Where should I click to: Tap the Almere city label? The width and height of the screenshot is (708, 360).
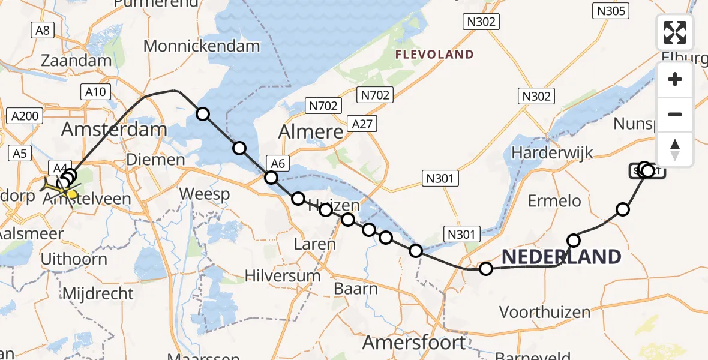point(311,132)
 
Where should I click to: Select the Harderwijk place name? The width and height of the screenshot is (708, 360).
point(552,152)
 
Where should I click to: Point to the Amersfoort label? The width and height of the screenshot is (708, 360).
point(414,343)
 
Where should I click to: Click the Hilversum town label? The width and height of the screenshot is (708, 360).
point(283,276)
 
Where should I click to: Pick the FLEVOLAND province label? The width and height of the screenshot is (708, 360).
point(434,55)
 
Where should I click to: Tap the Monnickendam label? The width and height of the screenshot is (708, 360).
point(202,46)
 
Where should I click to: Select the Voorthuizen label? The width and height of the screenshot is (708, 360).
point(545,312)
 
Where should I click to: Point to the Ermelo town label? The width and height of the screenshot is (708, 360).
point(554,200)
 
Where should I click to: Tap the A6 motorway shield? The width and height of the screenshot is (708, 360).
point(277,162)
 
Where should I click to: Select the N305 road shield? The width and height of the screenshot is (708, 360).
point(610,10)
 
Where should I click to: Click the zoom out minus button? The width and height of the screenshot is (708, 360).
point(675,114)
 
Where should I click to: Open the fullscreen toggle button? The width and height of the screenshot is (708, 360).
point(675,32)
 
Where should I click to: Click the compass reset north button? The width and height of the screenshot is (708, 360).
point(675,149)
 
